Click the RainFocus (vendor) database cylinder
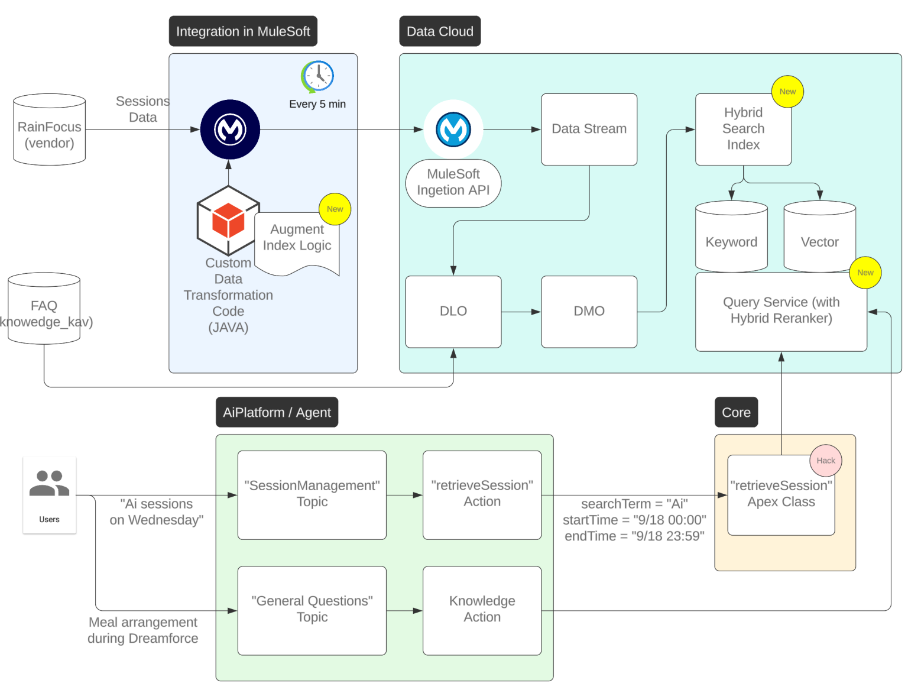[50, 130]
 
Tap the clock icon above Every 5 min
[317, 76]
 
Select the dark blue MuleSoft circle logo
[230, 130]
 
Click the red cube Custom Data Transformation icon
[228, 220]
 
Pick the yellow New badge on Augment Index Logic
[335, 209]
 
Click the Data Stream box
[589, 129]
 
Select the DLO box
[453, 311]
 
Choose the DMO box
[589, 311]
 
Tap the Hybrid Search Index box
[743, 129]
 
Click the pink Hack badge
[825, 461]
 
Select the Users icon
[50, 494]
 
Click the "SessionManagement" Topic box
[312, 494]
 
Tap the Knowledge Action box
[482, 610]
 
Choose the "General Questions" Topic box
[312, 610]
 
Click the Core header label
[736, 412]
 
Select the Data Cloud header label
[440, 31]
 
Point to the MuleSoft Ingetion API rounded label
[453, 183]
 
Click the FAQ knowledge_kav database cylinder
[44, 309]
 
